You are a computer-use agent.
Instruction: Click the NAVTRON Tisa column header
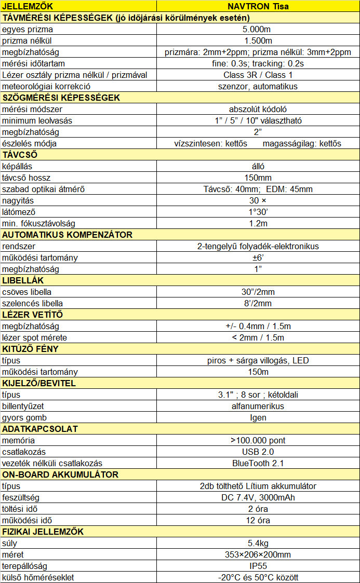pos(258,6)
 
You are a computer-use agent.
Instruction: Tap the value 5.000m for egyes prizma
pos(258,29)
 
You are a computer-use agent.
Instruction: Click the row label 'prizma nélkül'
pos(27,40)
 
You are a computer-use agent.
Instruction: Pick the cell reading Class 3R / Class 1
pos(258,75)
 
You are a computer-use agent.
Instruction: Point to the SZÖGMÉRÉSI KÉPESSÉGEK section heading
pos(61,98)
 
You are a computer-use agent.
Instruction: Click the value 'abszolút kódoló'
pos(258,109)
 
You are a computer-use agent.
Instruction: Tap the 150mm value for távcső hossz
pos(258,178)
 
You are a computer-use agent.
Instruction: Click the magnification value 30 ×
pos(258,200)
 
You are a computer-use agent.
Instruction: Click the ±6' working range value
pos(258,257)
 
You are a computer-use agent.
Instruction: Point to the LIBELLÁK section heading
pos(23,280)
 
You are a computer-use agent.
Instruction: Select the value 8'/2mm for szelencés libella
pos(258,303)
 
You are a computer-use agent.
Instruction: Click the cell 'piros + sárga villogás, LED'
pos(258,360)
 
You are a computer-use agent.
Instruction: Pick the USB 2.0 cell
pos(258,452)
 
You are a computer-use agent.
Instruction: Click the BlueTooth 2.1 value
pos(258,463)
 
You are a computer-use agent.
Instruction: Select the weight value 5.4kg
pos(258,543)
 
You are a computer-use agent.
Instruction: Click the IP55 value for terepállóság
pos(258,566)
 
